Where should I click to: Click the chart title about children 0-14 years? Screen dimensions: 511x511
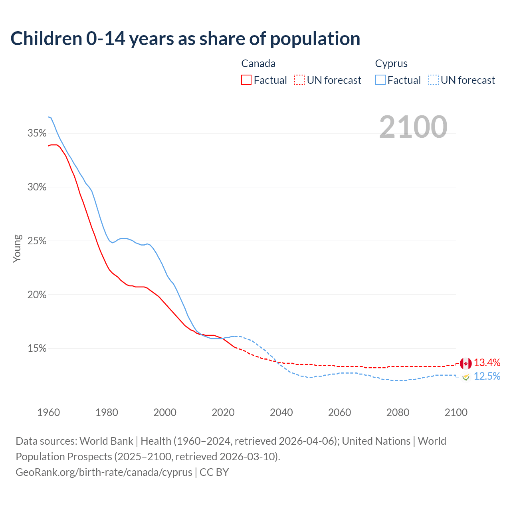tap(185, 39)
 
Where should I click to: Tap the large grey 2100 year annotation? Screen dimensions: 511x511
tap(413, 127)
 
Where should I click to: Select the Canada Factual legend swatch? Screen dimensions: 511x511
tap(246, 80)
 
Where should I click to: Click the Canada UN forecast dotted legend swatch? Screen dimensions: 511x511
tap(299, 80)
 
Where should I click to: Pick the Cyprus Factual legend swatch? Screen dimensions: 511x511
tap(380, 80)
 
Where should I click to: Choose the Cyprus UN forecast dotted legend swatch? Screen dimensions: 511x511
tap(433, 80)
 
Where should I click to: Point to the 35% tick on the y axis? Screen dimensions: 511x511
tap(37, 133)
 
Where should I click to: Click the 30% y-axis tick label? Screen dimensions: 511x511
tap(37, 187)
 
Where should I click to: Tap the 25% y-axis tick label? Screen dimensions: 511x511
tap(37, 241)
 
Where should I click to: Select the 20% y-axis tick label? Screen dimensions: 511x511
tap(37, 295)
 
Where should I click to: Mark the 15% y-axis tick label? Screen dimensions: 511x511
tap(37, 349)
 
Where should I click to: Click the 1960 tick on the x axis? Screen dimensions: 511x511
tap(49, 412)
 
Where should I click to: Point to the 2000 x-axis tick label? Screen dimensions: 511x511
tap(165, 412)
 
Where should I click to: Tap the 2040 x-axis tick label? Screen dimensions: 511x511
tap(281, 412)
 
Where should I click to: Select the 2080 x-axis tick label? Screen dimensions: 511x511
tap(398, 412)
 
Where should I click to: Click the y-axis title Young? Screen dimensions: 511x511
tap(17, 248)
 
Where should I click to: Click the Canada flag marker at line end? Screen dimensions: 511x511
tap(465, 363)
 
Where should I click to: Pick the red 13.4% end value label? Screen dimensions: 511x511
tap(487, 362)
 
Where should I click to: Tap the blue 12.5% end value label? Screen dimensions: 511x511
tap(487, 376)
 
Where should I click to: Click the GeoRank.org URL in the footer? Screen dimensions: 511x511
tap(104, 472)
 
